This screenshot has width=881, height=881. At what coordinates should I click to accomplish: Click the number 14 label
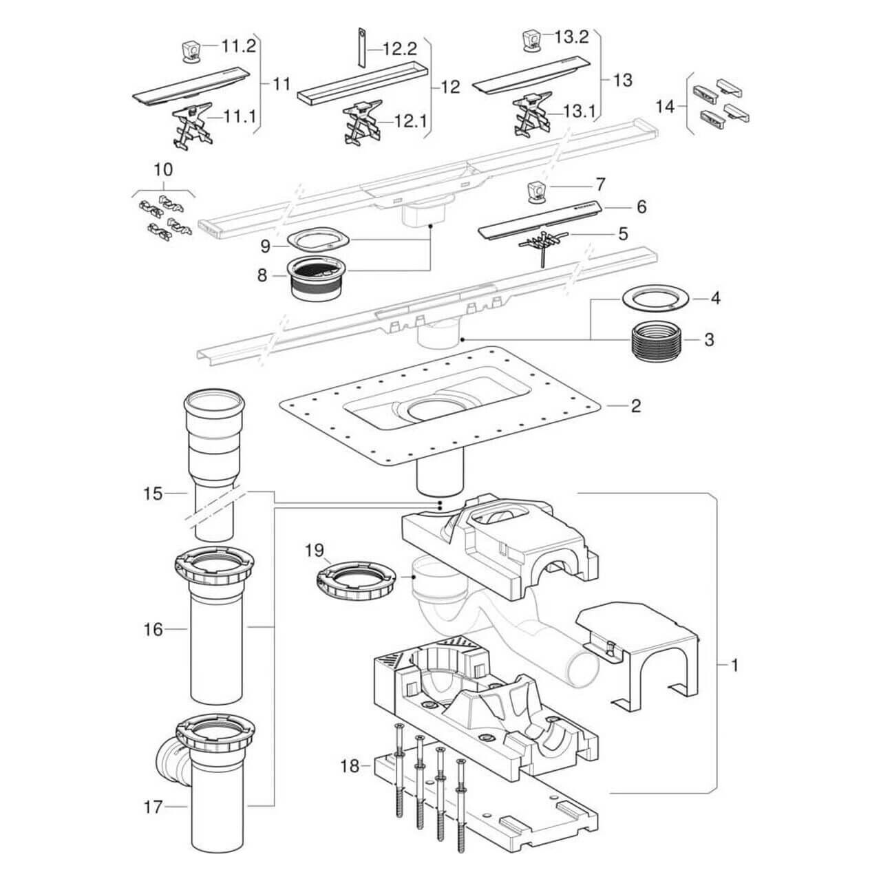pyautogui.click(x=665, y=107)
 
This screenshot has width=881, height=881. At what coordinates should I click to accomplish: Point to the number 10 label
pyautogui.click(x=164, y=169)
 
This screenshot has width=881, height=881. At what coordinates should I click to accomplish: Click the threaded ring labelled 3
pyautogui.click(x=657, y=341)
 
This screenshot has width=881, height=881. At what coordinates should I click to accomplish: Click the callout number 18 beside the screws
pyautogui.click(x=350, y=765)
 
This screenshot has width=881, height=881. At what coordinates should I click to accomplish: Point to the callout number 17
pyautogui.click(x=153, y=807)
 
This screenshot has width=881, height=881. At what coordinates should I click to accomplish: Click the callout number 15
pyautogui.click(x=152, y=493)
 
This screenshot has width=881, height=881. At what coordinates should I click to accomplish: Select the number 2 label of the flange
pyautogui.click(x=635, y=405)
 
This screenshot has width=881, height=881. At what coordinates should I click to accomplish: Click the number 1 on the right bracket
pyautogui.click(x=734, y=666)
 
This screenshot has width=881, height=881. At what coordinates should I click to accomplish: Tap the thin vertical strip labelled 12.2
pyautogui.click(x=360, y=49)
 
